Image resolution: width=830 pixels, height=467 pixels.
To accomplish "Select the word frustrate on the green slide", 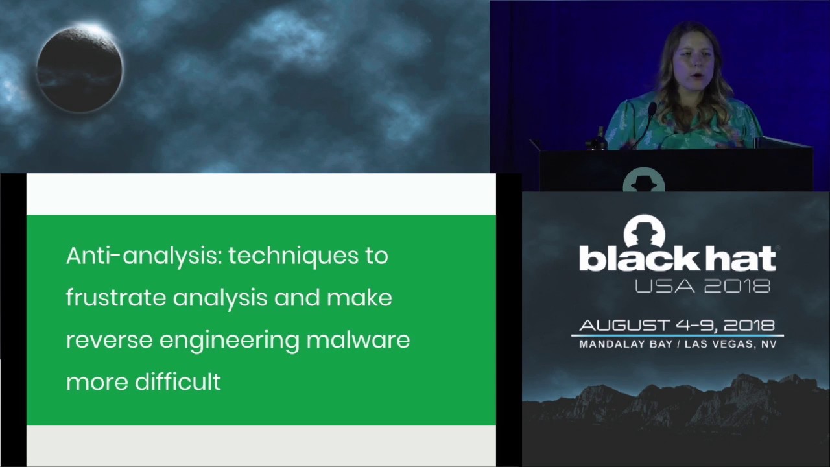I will pos(115,298).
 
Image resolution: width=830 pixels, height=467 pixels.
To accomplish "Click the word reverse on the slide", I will pos(108,341).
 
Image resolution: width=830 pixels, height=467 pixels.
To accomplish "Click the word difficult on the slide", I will pos(178,382).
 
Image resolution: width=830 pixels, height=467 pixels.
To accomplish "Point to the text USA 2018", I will pos(702,285).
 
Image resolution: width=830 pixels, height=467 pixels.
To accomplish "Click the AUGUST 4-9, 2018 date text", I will pos(677,326).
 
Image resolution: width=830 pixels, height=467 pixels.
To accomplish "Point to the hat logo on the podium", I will pos(643,180).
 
